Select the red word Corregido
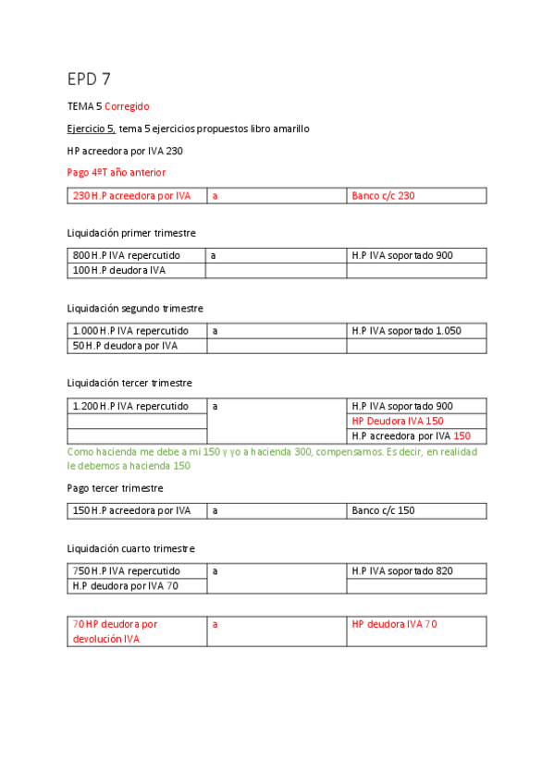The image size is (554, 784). [127, 106]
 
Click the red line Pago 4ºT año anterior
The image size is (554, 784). [117, 172]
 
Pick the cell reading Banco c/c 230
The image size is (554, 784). [383, 196]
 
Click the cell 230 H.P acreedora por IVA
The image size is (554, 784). [131, 196]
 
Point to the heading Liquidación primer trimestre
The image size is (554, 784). [131, 233]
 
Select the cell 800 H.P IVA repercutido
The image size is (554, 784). [126, 255]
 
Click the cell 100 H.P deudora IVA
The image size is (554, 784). [118, 270]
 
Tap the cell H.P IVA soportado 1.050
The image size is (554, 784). [406, 330]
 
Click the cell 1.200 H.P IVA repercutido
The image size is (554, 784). [130, 406]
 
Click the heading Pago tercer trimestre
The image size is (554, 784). [115, 488]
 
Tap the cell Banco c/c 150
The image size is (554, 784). [383, 510]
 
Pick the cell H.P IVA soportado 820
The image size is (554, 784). [402, 571]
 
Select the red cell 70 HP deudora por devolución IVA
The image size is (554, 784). [116, 631]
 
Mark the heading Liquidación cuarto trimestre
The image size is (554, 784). [130, 549]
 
